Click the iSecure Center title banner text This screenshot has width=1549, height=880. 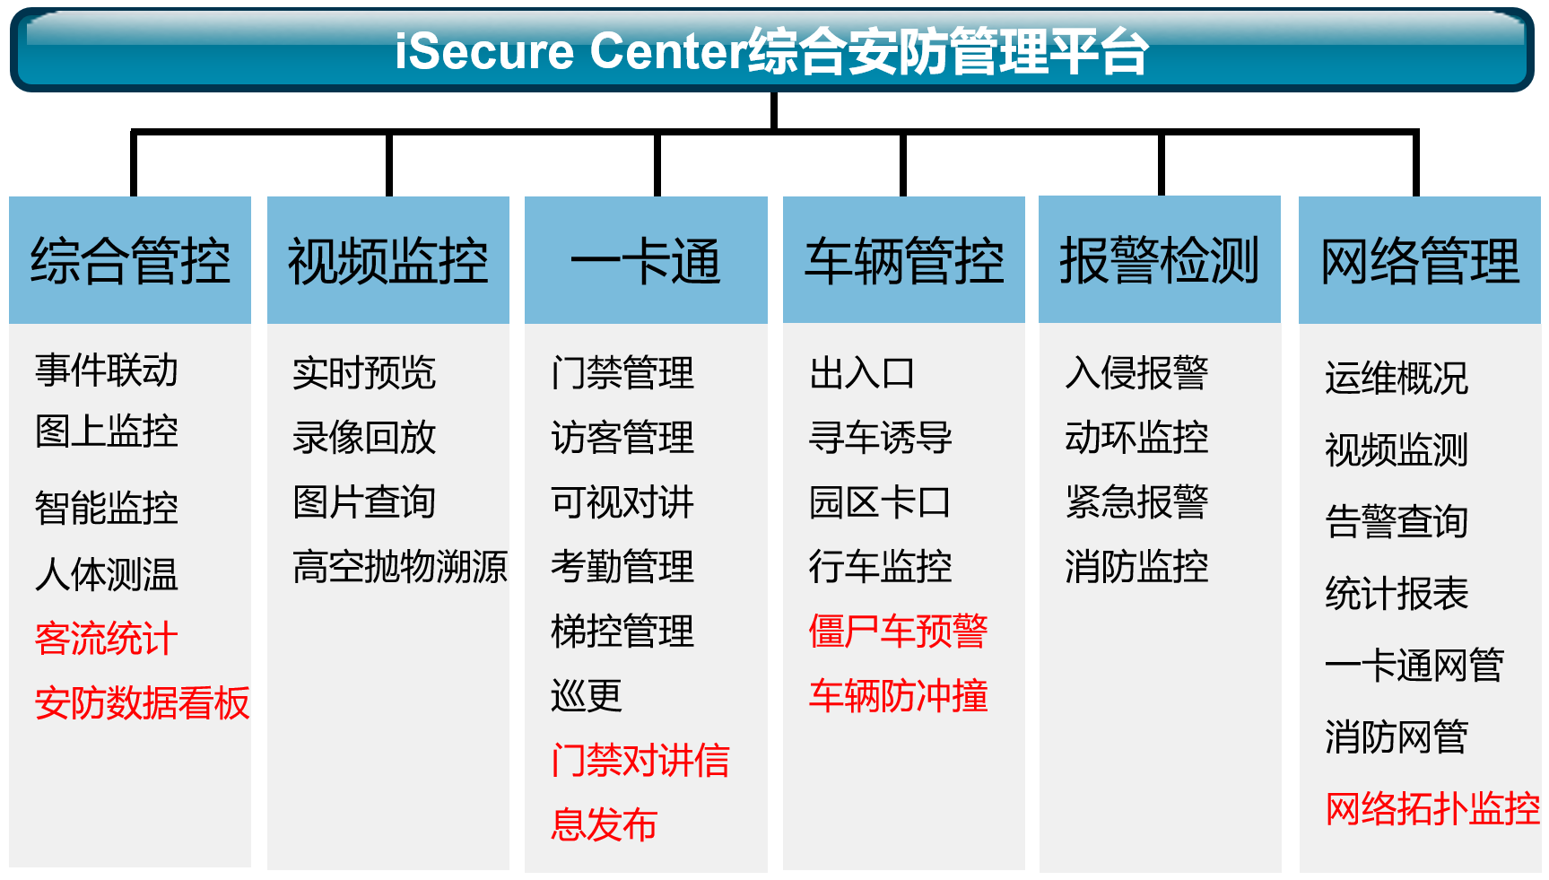coord(771,50)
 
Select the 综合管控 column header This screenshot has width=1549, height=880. coord(130,260)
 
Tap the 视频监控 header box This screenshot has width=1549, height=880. coord(387,260)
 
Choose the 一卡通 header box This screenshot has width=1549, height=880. coord(646,260)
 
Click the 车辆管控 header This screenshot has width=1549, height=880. coord(903,260)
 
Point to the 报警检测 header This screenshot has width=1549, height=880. coord(1159,260)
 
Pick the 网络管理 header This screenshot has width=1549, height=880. coord(1419,260)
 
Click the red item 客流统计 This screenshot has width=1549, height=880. coord(106,639)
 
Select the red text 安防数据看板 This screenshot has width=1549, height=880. coord(142,702)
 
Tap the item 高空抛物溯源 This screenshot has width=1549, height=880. coord(400,566)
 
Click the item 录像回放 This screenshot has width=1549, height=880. coord(364,438)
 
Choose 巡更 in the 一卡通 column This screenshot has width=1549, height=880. coord(587,695)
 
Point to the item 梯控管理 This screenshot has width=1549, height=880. coord(622,631)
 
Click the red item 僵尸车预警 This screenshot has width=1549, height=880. coord(898,631)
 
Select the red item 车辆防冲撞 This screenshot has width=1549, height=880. coord(898,695)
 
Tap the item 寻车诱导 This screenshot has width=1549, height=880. coord(880,438)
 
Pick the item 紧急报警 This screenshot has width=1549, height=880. coord(1136,501)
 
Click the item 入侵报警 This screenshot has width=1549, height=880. coord(1136,373)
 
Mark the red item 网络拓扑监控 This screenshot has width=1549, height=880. coord(1432,808)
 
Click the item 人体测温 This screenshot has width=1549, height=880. coord(106,574)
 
